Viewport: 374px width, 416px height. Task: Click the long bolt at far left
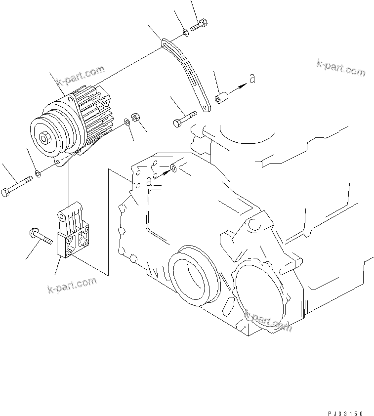pyautogui.click(x=18, y=185)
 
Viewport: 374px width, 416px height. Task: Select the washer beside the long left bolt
pyautogui.click(x=38, y=174)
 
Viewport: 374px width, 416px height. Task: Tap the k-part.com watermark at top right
pyautogui.click(x=341, y=68)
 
